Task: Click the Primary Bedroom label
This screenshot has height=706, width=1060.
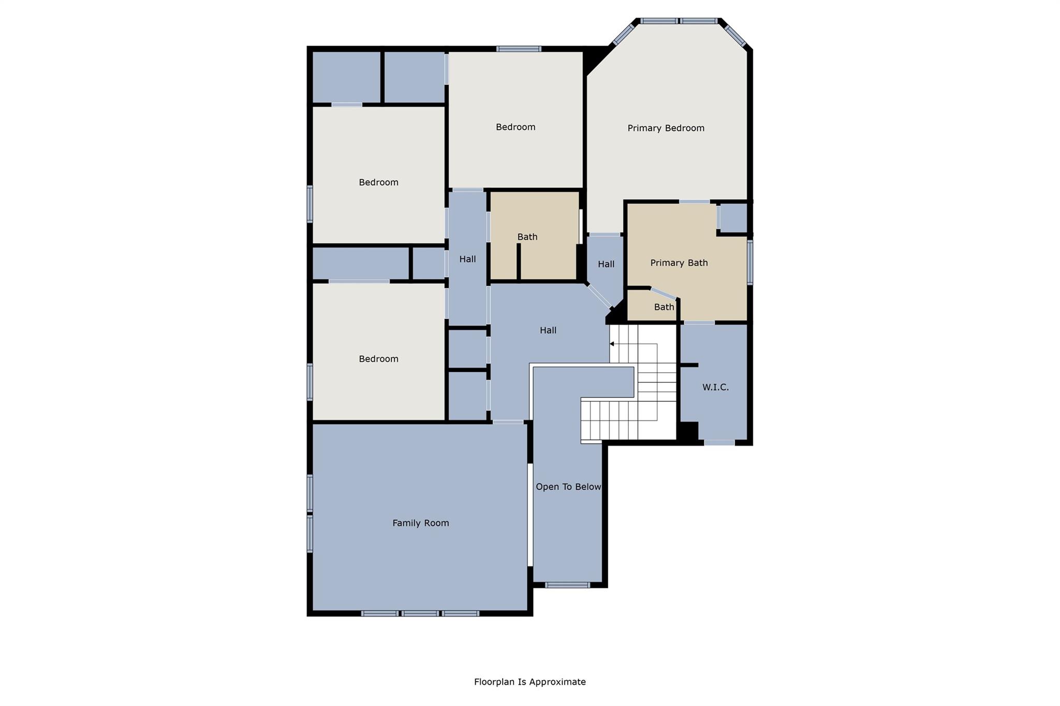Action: [x=666, y=128]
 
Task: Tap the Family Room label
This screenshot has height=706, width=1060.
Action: [x=420, y=523]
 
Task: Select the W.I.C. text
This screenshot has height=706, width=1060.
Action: [x=715, y=387]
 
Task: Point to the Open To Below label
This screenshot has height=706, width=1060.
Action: [x=568, y=487]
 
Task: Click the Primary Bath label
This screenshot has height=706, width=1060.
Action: [x=679, y=263]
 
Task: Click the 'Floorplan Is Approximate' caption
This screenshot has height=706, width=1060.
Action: [x=529, y=682]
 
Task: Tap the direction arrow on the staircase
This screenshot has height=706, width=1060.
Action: [x=612, y=344]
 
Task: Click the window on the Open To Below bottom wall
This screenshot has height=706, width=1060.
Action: [x=567, y=585]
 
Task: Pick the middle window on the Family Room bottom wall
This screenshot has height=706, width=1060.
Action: [x=420, y=613]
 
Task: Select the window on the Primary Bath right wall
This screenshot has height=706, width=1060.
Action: [x=750, y=262]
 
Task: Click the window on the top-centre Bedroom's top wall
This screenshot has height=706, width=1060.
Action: [x=519, y=49]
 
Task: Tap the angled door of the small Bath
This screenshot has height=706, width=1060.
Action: [x=664, y=293]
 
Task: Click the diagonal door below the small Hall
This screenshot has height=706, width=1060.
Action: [x=599, y=296]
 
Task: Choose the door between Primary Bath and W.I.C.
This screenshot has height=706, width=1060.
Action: [x=699, y=323]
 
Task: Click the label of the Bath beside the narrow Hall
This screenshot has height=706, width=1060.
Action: [x=527, y=237]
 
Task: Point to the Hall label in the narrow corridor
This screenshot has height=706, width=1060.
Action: [x=467, y=259]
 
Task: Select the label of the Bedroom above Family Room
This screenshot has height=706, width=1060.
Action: [x=378, y=359]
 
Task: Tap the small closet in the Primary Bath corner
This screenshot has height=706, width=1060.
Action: [x=733, y=218]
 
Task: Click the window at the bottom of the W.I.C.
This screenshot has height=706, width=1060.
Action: [x=719, y=443]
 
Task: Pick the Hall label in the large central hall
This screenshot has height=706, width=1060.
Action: [x=548, y=330]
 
